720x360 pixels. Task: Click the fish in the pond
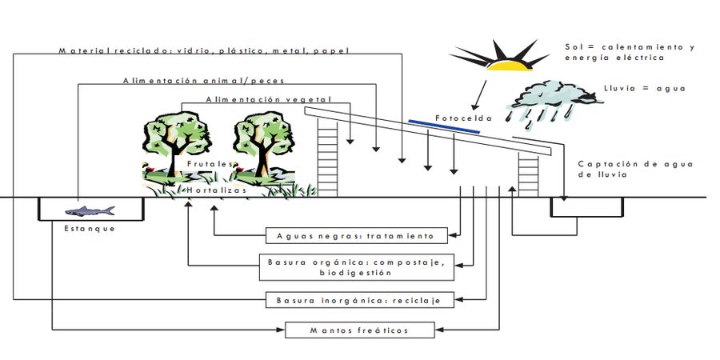pos(90,211)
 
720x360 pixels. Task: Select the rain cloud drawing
pos(554,103)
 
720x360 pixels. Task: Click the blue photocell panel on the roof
pos(444,126)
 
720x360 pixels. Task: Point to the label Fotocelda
pos(463,118)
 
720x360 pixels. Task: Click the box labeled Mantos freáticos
pos(359,330)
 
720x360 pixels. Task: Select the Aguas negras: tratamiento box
pos(357,235)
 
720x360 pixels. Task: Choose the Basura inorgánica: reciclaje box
pos(360,300)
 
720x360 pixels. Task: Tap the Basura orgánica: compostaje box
pos(357,266)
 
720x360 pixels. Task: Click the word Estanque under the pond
pos(90,228)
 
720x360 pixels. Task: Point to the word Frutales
pos(210,163)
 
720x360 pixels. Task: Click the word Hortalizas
pos(217,190)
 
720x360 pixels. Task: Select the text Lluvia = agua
pos(645,88)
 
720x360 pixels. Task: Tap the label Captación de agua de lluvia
pos(635,169)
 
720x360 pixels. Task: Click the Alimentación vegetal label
pos(269,99)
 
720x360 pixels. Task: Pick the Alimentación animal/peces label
pos(204,80)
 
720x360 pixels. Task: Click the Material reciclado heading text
pos(204,50)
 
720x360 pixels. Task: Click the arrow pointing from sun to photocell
pos(479,95)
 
